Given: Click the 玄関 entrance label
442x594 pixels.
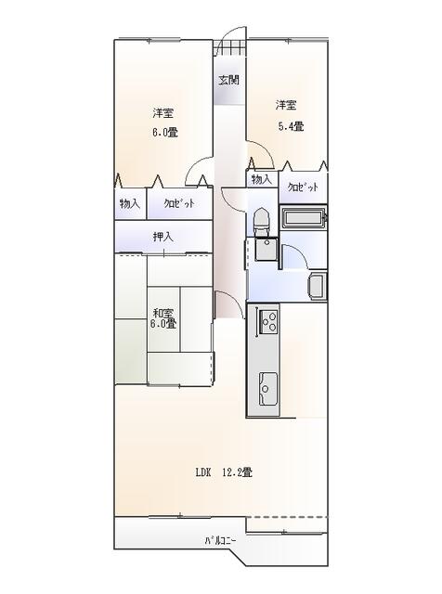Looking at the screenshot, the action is [x=228, y=81].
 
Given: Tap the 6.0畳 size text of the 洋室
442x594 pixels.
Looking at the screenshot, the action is [x=165, y=133].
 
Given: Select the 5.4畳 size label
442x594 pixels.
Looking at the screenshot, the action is [x=292, y=126].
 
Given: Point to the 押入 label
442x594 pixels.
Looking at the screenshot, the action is [x=163, y=238].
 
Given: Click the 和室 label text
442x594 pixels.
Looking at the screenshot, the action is [x=163, y=314].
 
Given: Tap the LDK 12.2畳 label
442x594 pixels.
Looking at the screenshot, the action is [x=224, y=472].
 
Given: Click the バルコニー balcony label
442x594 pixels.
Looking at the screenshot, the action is [x=220, y=540].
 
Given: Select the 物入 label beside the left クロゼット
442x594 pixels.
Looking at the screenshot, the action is [x=130, y=204].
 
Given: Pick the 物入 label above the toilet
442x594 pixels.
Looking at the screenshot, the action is [x=262, y=179].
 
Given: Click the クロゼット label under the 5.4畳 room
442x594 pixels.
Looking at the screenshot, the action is [x=303, y=187].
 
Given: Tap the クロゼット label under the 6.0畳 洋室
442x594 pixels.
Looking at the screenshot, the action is [x=179, y=204].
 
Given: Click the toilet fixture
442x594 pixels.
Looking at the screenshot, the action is [x=262, y=221].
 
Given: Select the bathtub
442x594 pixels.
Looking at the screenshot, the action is [x=304, y=219].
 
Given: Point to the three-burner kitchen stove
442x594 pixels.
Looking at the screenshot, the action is [x=268, y=322].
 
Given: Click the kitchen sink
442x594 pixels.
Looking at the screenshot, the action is [x=267, y=389].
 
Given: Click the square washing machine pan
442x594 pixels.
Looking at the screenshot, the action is [x=266, y=249].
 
